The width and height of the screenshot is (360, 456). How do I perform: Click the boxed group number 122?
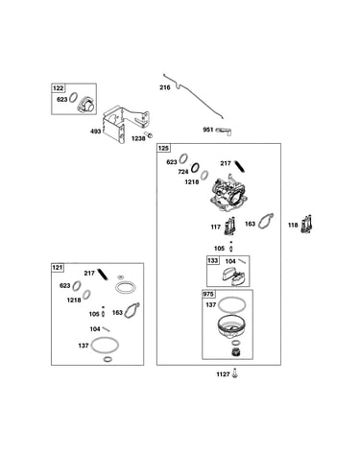point(59,88)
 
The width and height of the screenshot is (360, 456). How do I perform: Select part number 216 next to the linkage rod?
point(165,87)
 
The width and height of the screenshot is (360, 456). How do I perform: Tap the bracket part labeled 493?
point(126,125)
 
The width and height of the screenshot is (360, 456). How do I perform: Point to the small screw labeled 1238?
point(149,134)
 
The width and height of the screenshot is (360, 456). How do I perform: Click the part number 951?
point(208,130)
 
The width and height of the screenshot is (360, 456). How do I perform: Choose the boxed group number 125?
point(163,148)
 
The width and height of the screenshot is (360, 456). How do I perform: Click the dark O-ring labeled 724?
point(195,167)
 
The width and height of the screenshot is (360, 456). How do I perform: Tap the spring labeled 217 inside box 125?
point(239,166)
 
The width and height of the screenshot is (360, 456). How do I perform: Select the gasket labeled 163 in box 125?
point(266,221)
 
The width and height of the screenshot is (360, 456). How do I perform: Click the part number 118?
point(293,226)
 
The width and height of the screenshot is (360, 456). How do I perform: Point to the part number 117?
point(216,227)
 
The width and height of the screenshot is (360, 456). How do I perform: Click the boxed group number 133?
point(213,260)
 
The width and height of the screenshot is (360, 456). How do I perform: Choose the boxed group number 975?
point(209,294)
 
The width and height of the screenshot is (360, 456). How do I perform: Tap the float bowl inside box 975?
point(231,329)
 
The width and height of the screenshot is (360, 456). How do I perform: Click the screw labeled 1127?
point(235,373)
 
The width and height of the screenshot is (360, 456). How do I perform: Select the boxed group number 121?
point(58,268)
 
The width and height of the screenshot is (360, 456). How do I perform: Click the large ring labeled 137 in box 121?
point(105,345)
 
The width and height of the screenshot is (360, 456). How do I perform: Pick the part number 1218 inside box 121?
point(74,300)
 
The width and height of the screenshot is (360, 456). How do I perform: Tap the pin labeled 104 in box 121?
point(106,329)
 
